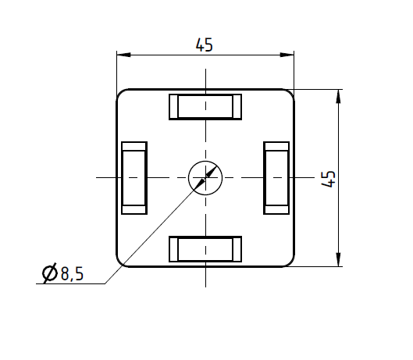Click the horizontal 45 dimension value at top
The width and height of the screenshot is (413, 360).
click(205, 45)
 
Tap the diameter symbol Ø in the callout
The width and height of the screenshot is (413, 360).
click(48, 273)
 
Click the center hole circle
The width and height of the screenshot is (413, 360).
click(205, 177)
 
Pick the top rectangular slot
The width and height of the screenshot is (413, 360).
click(205, 106)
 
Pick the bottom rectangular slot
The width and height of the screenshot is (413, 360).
click(205, 249)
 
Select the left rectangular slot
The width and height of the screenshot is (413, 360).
click(134, 178)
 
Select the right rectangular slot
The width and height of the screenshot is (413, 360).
click(277, 178)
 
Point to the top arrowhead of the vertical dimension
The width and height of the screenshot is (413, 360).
click(338, 95)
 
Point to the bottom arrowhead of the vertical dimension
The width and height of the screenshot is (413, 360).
click(338, 260)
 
